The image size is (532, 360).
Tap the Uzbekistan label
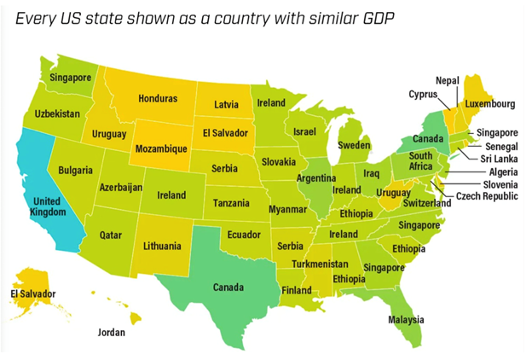coord(58,113)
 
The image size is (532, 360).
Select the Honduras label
coord(157,98)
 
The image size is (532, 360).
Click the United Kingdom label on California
coord(41,206)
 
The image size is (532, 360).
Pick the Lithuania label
coord(161,247)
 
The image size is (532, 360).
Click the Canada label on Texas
coord(232,287)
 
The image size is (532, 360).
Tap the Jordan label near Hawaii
coord(112,333)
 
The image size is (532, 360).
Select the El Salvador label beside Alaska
coord(32,294)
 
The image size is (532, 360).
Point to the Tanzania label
coord(231,204)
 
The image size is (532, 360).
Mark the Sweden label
coord(355,146)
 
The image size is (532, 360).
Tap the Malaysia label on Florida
coord(406,320)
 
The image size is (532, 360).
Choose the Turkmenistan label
coord(320,264)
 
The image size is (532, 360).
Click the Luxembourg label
coord(490,104)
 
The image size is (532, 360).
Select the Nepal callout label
coord(448,80)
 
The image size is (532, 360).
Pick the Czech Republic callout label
coord(487,196)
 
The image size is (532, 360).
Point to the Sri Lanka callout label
coord(498,159)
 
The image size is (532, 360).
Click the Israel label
coord(304,132)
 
